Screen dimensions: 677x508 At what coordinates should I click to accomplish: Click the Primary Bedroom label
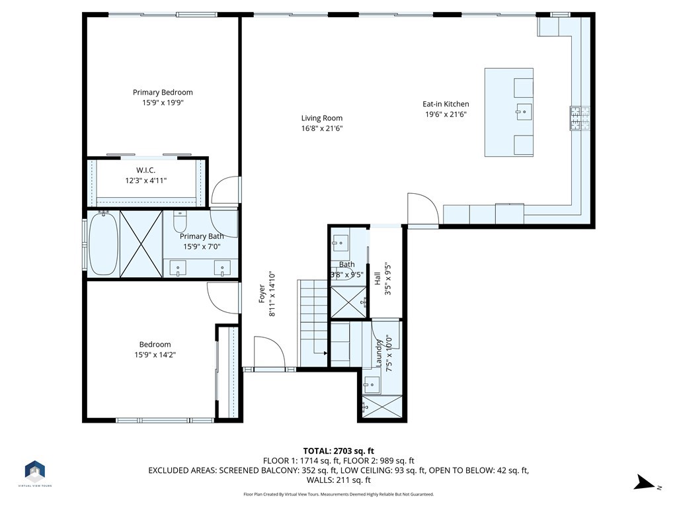pos(163,92)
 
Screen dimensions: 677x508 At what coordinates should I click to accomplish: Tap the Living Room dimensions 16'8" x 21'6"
pos(322,128)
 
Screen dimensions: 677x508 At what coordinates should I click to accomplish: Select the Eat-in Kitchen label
pos(446,104)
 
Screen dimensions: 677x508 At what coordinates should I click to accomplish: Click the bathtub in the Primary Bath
pos(104,243)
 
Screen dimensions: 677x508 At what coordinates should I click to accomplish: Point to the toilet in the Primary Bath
pos(180,222)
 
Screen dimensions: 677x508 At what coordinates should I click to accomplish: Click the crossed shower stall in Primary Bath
pos(141,243)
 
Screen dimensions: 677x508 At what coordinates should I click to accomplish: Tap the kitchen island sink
pos(524,111)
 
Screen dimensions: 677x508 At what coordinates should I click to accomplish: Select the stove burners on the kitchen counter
pos(580,118)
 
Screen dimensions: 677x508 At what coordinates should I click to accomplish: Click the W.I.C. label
pos(145,170)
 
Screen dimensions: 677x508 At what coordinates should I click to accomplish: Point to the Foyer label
pos(262,294)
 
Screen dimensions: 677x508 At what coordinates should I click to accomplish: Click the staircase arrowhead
pos(325,353)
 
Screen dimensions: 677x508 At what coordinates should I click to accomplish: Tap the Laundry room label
pos(379,354)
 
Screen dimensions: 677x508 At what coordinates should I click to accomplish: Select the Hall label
pos(378,278)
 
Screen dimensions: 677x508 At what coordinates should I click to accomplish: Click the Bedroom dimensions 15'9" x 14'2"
pos(155,355)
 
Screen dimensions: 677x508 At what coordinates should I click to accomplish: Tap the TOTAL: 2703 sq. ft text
pos(338,451)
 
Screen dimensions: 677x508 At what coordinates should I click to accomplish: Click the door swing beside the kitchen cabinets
pos(423,208)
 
